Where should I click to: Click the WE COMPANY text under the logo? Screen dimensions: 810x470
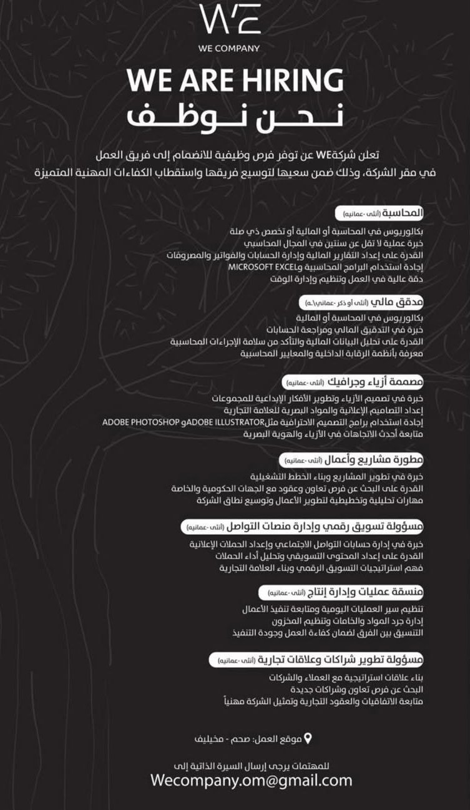(x=229, y=48)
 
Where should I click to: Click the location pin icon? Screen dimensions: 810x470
(x=307, y=739)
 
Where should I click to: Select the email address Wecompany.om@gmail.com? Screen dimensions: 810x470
(x=251, y=780)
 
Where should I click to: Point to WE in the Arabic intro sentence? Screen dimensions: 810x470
(x=323, y=155)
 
